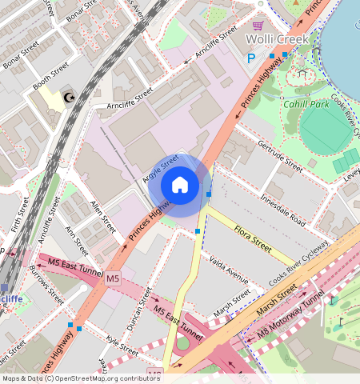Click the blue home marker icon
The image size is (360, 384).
[180, 186]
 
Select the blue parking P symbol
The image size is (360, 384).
[251, 58]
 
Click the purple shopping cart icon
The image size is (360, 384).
[258, 26]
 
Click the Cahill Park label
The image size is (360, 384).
[307, 104]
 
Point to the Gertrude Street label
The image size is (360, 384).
[281, 158]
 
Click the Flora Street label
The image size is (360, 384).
[254, 240]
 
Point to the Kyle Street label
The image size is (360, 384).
[122, 346]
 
